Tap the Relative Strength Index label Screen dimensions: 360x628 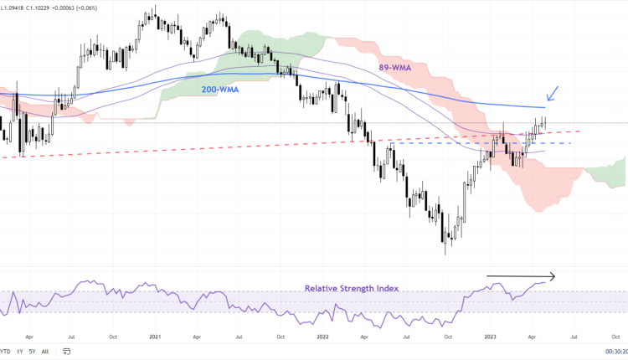click(x=351, y=288)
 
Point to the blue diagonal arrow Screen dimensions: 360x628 click(x=554, y=92)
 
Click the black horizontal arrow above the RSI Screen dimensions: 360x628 click(x=522, y=276)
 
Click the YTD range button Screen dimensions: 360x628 click(x=5, y=351)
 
